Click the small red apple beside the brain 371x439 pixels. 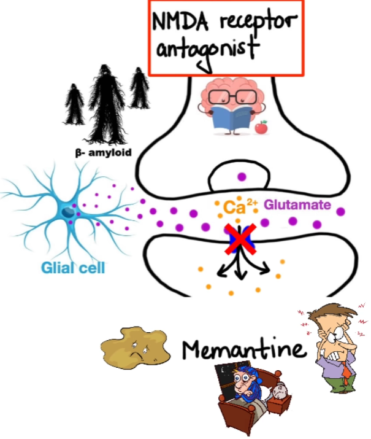coord(262,127)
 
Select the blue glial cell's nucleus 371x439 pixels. coord(67,212)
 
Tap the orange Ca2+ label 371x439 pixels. coord(235,208)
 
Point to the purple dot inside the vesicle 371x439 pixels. coord(242,177)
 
